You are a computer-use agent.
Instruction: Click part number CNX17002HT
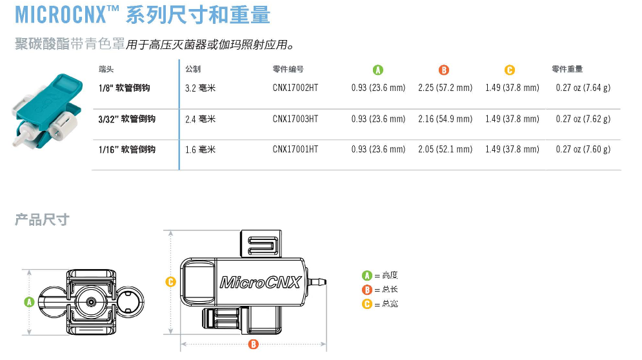[295, 88]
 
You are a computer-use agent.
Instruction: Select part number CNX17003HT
[295, 119]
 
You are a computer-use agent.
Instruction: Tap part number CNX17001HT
[295, 150]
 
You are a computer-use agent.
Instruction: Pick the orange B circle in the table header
[444, 70]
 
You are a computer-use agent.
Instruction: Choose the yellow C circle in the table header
[510, 70]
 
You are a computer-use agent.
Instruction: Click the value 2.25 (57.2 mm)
[445, 88]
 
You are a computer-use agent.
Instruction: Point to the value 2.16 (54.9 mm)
[445, 119]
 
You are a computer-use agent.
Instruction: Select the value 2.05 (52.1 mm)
[445, 150]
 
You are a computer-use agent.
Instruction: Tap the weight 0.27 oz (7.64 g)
[583, 88]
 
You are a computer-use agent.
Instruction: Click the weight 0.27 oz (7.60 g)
[583, 150]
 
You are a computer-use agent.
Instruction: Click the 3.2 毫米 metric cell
[200, 88]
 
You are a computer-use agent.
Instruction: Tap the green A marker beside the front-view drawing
[28, 301]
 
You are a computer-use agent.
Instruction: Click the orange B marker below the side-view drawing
[253, 345]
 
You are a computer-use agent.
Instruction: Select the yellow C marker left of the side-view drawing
[170, 281]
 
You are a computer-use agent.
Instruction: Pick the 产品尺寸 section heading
[42, 220]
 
